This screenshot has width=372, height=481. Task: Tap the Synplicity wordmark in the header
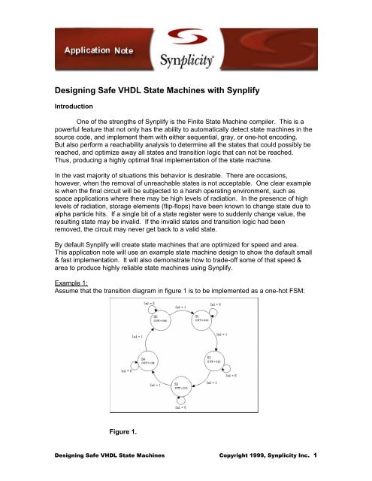(x=194, y=56)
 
